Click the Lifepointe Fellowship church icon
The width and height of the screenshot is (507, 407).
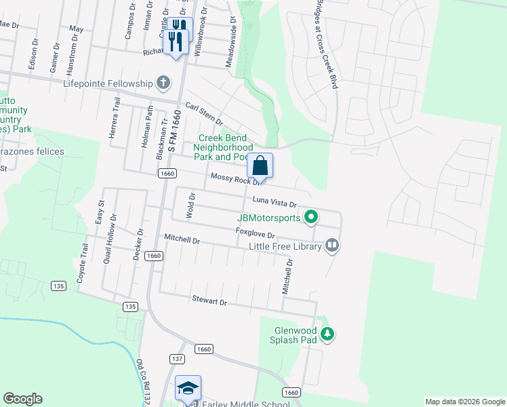[x=163, y=83]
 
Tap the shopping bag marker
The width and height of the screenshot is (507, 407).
[x=260, y=165]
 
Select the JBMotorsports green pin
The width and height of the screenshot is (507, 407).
[x=311, y=218]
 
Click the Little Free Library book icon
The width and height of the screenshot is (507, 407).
[x=331, y=245]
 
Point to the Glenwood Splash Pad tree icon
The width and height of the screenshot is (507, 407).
[x=328, y=334]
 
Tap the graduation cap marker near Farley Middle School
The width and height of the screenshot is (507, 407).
[x=188, y=387]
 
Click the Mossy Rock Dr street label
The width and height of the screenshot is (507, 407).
[x=235, y=179]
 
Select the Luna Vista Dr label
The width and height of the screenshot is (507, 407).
[x=275, y=201]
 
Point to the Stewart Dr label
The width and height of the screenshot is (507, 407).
[x=208, y=301]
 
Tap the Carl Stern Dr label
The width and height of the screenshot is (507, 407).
[x=204, y=113]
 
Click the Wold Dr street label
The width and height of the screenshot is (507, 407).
[x=192, y=206]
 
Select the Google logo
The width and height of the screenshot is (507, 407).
[x=22, y=399]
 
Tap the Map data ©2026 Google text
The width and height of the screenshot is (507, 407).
[x=464, y=402]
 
